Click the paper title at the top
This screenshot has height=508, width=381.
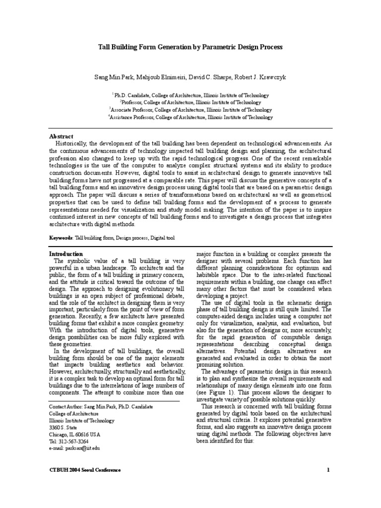pyautogui.click(x=190, y=47)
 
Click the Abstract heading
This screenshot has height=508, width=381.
pyautogui.click(x=61, y=136)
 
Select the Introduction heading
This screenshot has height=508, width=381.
pyautogui.click(x=67, y=254)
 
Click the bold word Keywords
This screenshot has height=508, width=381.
pyautogui.click(x=61, y=238)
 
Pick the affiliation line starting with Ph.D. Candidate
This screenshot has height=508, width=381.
pyautogui.click(x=190, y=95)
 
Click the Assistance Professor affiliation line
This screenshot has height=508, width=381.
pyautogui.click(x=190, y=118)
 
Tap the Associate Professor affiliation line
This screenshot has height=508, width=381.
pyautogui.click(x=190, y=110)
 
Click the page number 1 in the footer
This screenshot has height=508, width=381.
pyautogui.click(x=328, y=470)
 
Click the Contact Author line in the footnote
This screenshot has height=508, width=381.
pyautogui.click(x=101, y=406)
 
